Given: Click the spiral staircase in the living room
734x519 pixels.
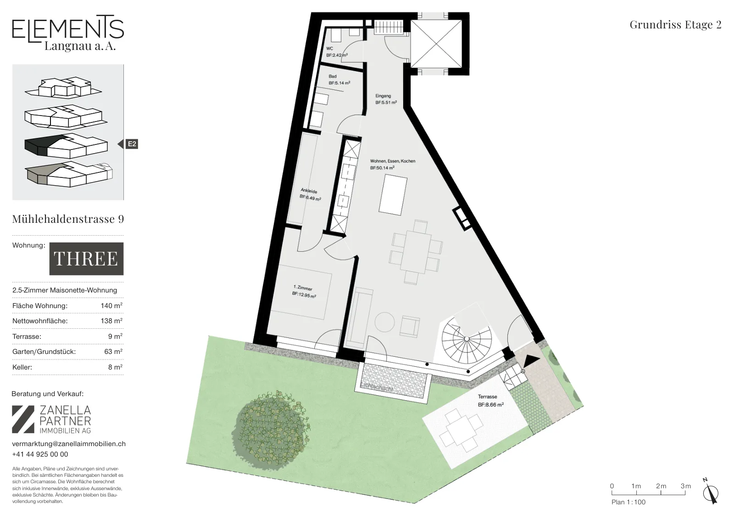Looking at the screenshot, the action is click(x=467, y=340).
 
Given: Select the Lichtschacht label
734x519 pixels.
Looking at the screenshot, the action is click(x=376, y=386).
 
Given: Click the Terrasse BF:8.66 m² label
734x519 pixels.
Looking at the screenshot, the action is click(x=490, y=401).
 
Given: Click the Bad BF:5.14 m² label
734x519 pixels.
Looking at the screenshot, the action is click(x=339, y=80).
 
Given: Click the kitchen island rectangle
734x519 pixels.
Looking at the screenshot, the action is click(x=393, y=195).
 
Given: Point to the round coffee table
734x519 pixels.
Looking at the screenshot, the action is click(x=385, y=322).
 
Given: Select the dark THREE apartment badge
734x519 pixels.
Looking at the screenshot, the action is click(x=87, y=259).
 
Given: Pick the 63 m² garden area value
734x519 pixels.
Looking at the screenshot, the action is click(x=113, y=351).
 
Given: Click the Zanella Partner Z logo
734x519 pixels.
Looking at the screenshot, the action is click(x=23, y=420).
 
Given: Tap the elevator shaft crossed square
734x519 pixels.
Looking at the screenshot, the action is click(x=436, y=44).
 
